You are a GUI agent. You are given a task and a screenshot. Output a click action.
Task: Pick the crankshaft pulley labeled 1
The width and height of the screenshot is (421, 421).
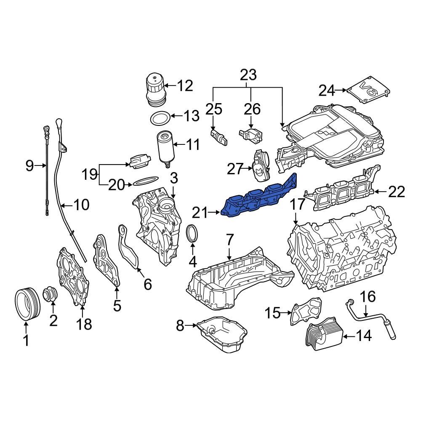[x=27, y=303]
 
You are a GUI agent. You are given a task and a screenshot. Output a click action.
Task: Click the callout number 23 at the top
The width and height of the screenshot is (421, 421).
[x=248, y=76]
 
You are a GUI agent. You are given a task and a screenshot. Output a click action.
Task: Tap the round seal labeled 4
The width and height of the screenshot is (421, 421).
[x=192, y=234]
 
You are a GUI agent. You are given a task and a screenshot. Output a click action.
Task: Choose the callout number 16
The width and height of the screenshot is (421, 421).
[x=367, y=297]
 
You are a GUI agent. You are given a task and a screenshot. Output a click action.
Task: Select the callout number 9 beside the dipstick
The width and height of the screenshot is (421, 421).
[x=29, y=165]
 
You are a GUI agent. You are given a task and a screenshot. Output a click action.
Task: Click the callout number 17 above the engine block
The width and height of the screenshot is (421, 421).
[x=297, y=205]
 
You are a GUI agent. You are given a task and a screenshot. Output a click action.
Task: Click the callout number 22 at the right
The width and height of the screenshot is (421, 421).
[x=396, y=192]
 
